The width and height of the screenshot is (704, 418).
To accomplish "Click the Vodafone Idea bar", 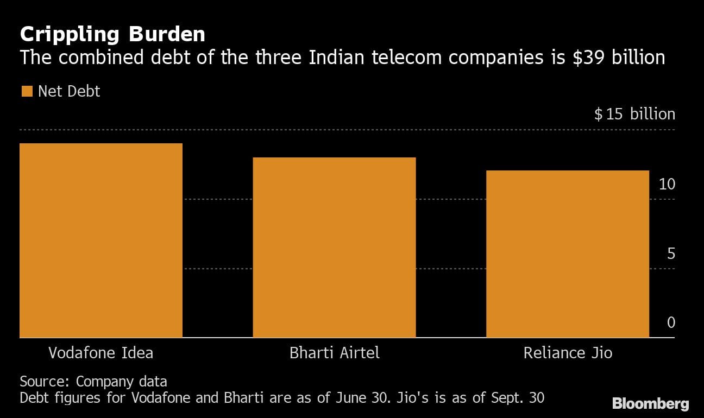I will point(101,240).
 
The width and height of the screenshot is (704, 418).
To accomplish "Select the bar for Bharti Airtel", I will point(334,248).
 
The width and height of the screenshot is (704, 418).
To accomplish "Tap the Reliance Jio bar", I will point(567,254).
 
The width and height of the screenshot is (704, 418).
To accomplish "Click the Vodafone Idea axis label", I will point(101,353).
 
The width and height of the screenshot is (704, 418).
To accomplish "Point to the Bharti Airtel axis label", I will point(334,353).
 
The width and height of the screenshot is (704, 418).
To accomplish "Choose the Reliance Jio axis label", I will point(568,353).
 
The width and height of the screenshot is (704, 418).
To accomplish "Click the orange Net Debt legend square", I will point(27,91).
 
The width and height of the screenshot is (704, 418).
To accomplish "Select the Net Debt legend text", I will point(69,91).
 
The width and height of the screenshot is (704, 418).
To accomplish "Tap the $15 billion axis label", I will point(634,114).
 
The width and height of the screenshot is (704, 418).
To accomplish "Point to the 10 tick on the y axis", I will point(667,184).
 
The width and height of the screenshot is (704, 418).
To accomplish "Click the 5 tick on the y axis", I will point(671,254).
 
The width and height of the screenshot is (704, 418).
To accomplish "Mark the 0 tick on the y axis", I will point(671,322).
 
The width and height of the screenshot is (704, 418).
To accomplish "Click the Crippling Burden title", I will point(112,34).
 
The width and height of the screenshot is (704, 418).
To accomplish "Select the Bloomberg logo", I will point(650,404).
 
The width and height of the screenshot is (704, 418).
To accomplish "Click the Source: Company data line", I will point(93,381).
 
